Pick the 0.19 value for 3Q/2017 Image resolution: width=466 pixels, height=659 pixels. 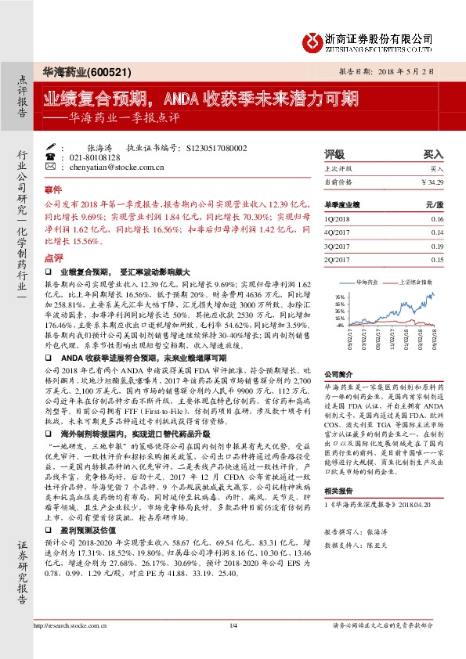[x=436, y=246]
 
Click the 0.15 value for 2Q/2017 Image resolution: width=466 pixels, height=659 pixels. [x=436, y=259]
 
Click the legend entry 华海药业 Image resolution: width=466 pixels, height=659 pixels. [x=367, y=279]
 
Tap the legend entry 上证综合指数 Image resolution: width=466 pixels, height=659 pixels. [x=420, y=279]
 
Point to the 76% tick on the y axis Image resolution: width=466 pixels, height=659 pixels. [x=338, y=297]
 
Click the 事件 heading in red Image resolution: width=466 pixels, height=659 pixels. [x=52, y=190]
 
